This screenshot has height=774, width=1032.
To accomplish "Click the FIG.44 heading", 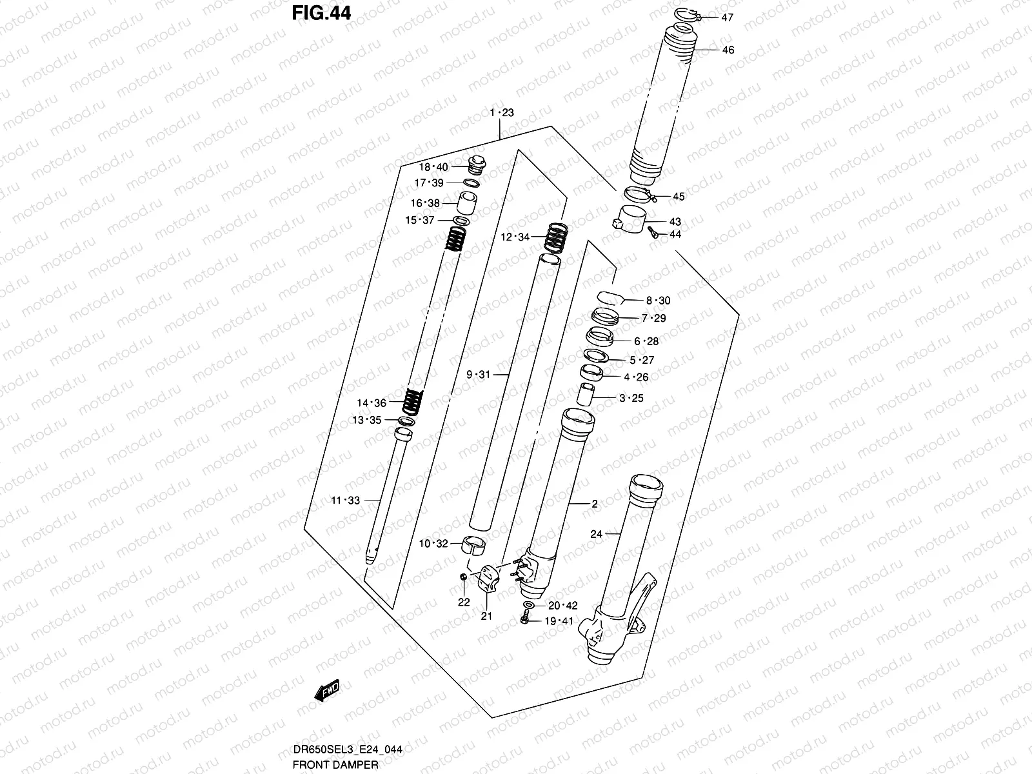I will tap(321, 12).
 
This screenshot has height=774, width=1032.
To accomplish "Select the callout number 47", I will tap(727, 18).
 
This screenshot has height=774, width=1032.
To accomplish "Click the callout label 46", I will tap(728, 50).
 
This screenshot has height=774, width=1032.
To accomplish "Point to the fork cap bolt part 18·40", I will tap(477, 165).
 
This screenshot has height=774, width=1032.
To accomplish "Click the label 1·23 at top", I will tap(501, 113).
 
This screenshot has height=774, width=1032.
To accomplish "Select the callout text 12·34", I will tap(515, 237).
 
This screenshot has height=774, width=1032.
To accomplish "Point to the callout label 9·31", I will tap(479, 374).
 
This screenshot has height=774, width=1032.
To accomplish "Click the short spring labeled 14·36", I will tap(411, 402).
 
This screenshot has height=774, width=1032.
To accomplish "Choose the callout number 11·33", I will tap(346, 500).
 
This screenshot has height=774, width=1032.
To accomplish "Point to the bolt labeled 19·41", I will tap(524, 620).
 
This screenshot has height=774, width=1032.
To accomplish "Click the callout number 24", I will tap(595, 534).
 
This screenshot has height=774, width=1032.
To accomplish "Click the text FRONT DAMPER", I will tap(335, 764).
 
